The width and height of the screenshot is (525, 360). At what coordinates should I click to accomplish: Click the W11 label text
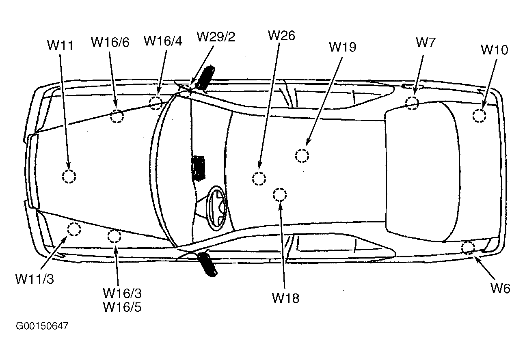coord(60,45)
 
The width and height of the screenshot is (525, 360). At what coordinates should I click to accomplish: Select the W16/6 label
coord(110,42)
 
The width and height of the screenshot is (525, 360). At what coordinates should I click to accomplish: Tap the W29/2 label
coord(216,37)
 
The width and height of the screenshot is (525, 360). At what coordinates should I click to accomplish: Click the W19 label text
coord(342,47)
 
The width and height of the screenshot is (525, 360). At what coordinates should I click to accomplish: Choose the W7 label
coord(426,43)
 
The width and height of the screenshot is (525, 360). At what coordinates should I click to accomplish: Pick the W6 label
coord(500,288)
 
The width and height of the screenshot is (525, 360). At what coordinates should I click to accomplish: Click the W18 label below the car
coord(285,298)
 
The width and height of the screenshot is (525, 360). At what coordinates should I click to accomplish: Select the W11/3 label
coord(35,279)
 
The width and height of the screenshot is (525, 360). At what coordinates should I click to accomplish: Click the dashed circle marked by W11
coord(69,177)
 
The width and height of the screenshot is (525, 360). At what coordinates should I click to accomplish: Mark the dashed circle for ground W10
coord(479,116)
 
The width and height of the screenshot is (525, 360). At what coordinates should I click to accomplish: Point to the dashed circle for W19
coord(302,156)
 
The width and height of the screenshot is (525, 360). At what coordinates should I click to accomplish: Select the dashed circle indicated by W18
coord(279,195)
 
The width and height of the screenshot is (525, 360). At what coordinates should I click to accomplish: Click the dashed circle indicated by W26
coord(259,178)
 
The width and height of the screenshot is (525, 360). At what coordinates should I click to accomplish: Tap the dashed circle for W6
coord(468,247)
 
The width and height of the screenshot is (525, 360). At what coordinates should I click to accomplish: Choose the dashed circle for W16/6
coord(117,116)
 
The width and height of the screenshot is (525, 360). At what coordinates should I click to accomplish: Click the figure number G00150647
coord(42,326)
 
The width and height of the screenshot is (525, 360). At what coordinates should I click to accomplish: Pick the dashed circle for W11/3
coord(73,229)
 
